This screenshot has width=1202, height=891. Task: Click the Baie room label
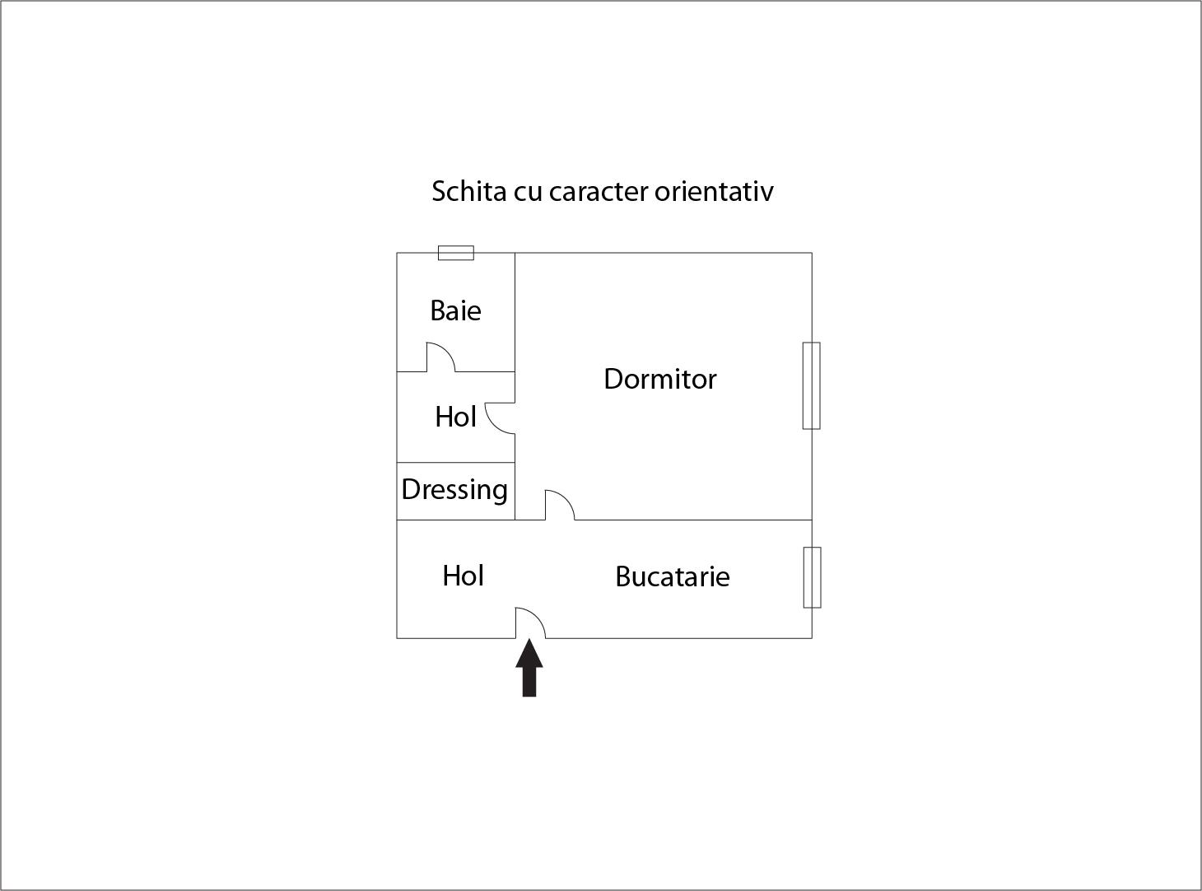(455, 310)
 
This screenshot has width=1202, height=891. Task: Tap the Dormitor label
(660, 379)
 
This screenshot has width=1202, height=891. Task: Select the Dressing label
(454, 490)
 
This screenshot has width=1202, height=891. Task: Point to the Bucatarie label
(673, 576)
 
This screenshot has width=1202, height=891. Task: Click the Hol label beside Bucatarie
(463, 576)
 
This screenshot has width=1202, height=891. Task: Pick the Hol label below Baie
(455, 417)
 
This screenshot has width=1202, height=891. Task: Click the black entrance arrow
(529, 668)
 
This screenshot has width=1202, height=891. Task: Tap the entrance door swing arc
(530, 623)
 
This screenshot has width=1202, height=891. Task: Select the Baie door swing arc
(440, 357)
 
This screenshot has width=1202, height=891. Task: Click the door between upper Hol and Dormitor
(500, 418)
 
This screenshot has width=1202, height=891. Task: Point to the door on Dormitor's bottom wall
(560, 505)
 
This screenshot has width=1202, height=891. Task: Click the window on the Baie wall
(456, 253)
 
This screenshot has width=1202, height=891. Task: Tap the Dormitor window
(811, 385)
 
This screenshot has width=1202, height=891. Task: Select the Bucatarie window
(812, 577)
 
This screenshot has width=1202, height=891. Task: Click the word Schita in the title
(468, 191)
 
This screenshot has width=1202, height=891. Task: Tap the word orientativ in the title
(715, 191)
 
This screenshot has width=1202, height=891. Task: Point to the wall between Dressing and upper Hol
(456, 463)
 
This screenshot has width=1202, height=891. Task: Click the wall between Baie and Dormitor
(515, 312)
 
